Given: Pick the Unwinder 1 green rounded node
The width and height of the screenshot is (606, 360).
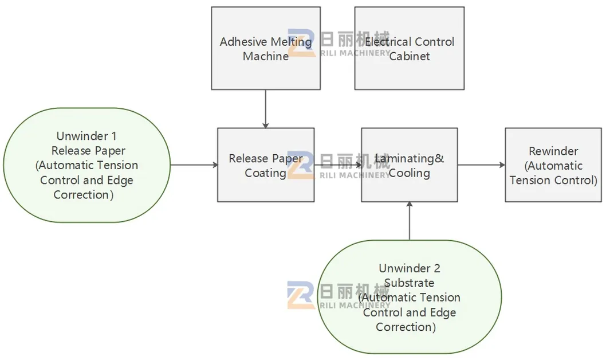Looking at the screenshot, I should pyautogui.click(x=87, y=165).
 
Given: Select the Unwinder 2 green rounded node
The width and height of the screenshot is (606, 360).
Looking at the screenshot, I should pyautogui.click(x=410, y=298).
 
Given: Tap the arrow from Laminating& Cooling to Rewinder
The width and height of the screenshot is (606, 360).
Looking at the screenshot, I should pyautogui.click(x=481, y=165).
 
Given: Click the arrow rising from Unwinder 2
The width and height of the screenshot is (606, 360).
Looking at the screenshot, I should pyautogui.click(x=410, y=221).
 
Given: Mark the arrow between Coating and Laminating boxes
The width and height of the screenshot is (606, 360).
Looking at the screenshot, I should pyautogui.click(x=338, y=165).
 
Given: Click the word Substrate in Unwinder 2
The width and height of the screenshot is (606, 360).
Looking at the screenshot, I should pyautogui.click(x=409, y=283).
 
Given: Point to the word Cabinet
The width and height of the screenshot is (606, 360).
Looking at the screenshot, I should pyautogui.click(x=410, y=56).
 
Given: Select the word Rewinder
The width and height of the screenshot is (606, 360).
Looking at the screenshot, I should pyautogui.click(x=553, y=151).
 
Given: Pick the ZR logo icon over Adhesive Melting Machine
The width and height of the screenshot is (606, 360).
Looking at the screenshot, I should pyautogui.click(x=301, y=42).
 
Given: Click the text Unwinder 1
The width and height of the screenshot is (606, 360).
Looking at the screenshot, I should pyautogui.click(x=86, y=136).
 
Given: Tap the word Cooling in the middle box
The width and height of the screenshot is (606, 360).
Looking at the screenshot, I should pyautogui.click(x=409, y=173).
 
